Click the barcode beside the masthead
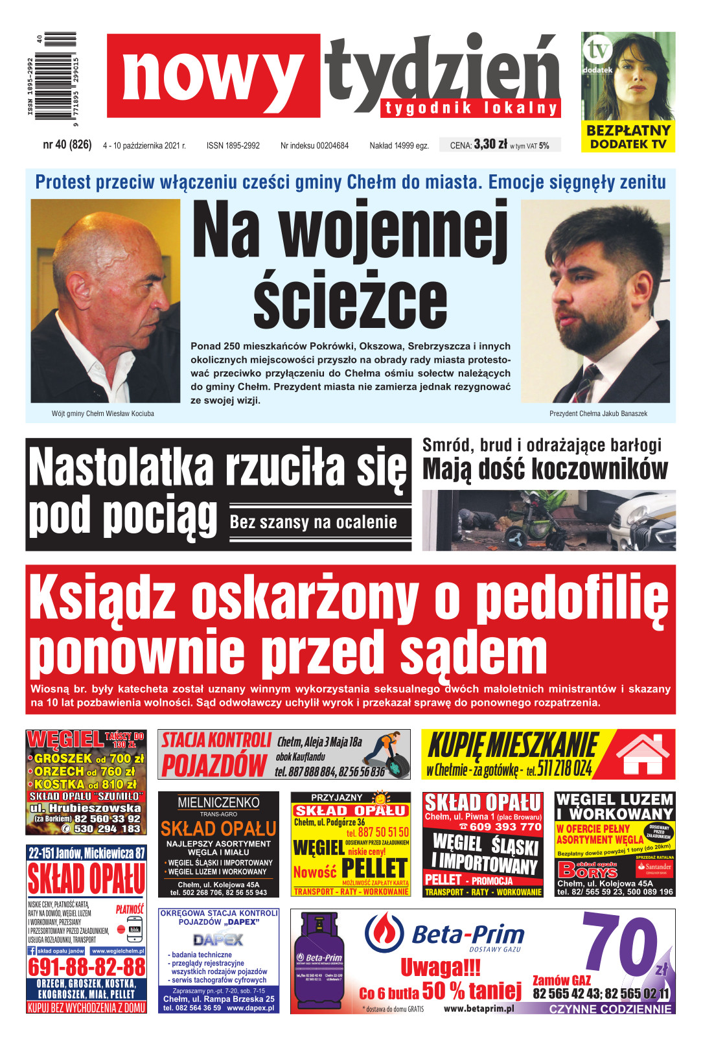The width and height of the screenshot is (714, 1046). [x=56, y=76]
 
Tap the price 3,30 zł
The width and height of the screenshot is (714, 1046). [x=490, y=145]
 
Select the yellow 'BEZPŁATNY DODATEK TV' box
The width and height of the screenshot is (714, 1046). [x=627, y=137]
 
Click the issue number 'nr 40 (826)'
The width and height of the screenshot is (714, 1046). [x=67, y=145]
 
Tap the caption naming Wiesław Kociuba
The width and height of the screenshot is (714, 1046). [x=103, y=413]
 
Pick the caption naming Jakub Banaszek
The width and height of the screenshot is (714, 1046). [x=598, y=413]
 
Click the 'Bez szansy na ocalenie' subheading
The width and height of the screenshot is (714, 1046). [x=314, y=522]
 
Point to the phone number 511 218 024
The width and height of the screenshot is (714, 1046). [x=564, y=769]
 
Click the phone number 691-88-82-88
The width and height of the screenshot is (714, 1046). [x=86, y=968]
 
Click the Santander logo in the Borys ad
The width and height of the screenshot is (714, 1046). [x=654, y=866]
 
